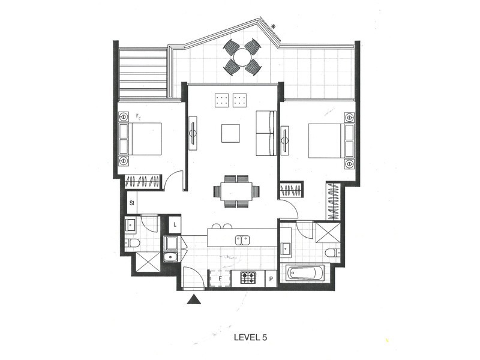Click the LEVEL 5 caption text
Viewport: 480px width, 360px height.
coord(250,338)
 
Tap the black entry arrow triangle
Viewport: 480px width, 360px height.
coord(193,299)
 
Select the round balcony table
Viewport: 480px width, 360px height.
coord(242,57)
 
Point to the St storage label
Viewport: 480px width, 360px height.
coord(132,203)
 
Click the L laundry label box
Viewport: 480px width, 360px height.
coord(175,224)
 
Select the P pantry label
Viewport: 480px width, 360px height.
coord(271,278)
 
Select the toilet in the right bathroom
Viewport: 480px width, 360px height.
coord(332,253)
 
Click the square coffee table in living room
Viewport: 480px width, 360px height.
coord(230,133)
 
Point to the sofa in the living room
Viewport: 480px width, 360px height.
coord(266,133)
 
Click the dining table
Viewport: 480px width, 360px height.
coord(236,191)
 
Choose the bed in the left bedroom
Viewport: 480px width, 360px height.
coord(145,139)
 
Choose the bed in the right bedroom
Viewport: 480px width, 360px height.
coord(326,140)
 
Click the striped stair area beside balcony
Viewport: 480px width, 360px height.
coord(143,73)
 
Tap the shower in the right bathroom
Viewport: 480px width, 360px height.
coord(328,233)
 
